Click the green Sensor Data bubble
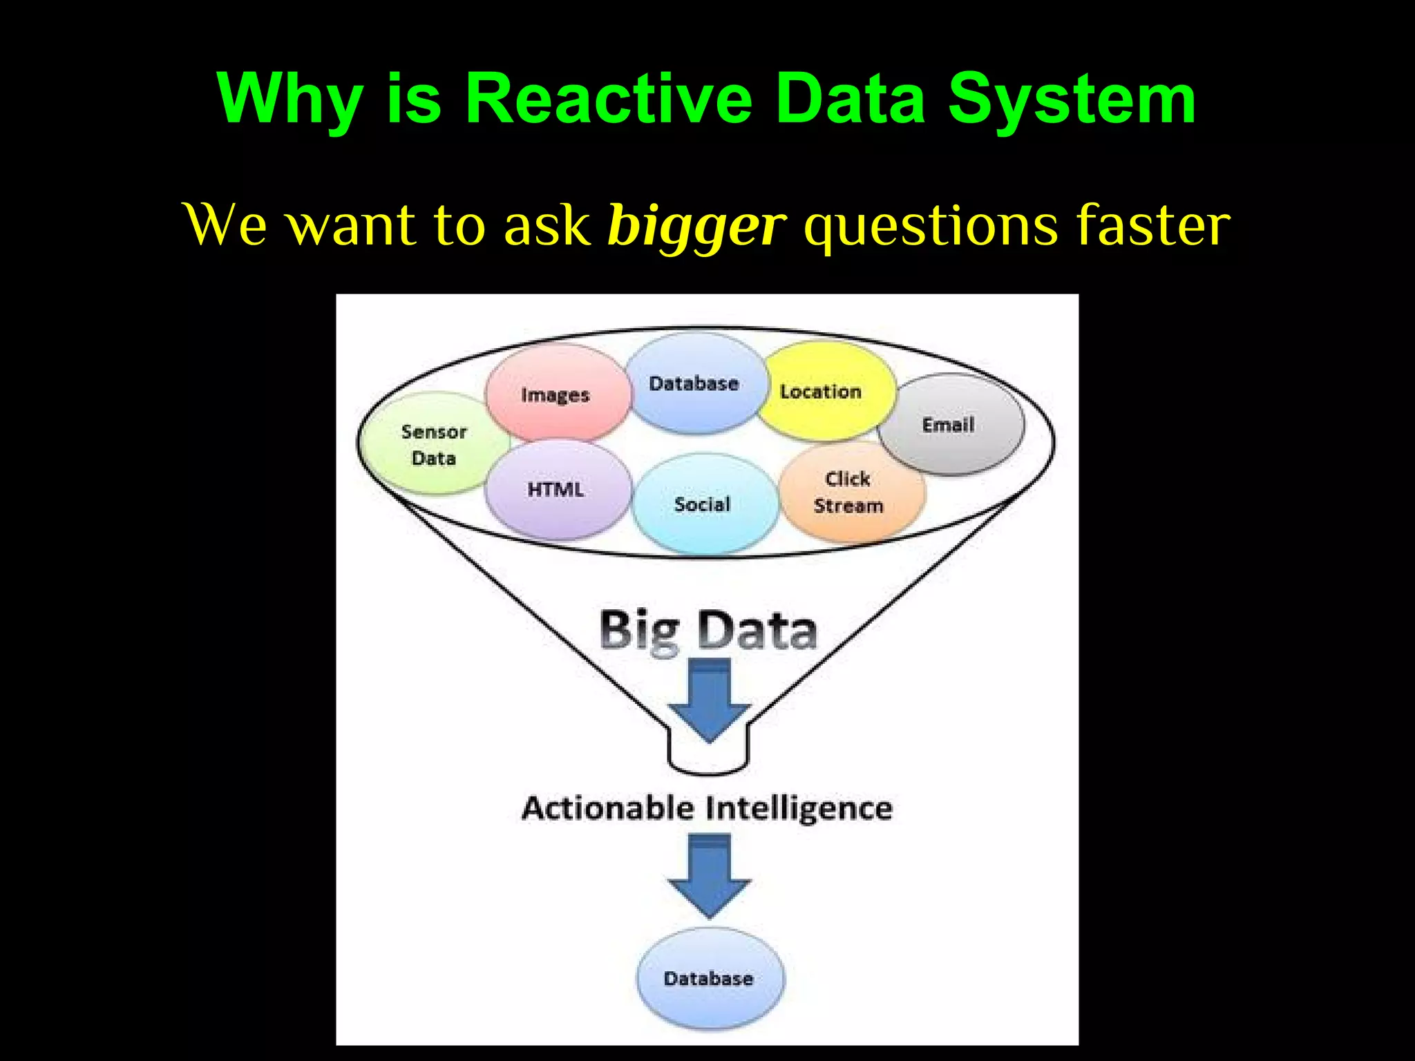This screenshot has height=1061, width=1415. coord(434,444)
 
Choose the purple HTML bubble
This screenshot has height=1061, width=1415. coord(557,490)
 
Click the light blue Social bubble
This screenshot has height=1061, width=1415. coord(703,504)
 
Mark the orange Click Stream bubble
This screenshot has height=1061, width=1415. coord(849,492)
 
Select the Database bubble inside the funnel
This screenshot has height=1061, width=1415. coord(695,383)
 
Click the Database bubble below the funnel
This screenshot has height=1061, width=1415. coord(709,978)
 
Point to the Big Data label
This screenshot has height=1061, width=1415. coord(708,630)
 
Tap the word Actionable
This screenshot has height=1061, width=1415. coord(607,807)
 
